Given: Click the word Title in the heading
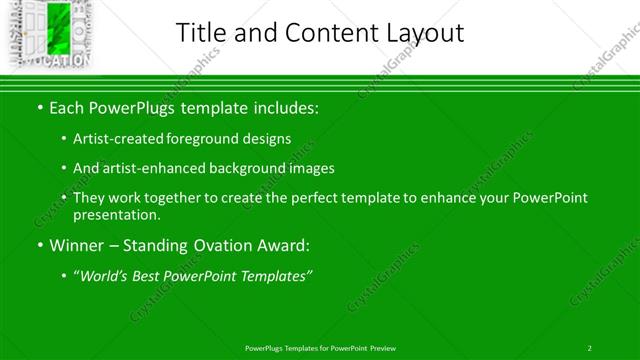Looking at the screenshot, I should [200, 32].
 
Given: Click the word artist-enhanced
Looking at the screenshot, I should [148, 169].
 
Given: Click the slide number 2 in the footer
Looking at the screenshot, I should [589, 347].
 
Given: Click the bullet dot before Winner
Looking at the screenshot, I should [39, 246].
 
